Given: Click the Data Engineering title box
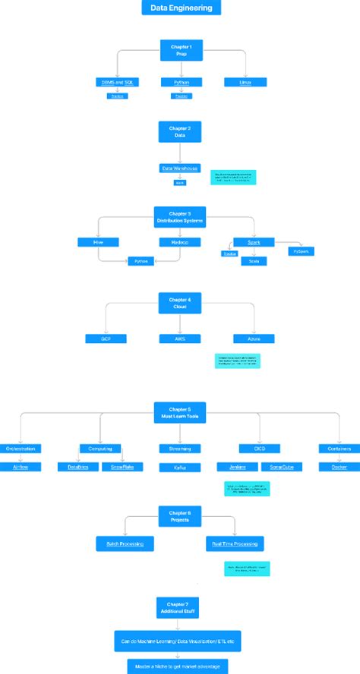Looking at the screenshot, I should (x=181, y=8).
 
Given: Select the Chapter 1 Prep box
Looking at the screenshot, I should (x=180, y=51).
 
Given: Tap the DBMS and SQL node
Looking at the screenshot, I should (x=116, y=82).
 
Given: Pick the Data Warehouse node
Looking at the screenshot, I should (x=180, y=168).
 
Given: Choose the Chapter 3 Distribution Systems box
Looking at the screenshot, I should (x=180, y=217).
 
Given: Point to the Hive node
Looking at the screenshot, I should (x=98, y=242).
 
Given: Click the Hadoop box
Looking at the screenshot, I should (x=180, y=242).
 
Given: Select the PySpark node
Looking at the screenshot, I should (x=301, y=250).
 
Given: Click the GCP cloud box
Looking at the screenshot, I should (x=106, y=339).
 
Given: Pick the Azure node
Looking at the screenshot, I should (x=254, y=339).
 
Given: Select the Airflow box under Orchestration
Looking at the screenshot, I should (x=20, y=468).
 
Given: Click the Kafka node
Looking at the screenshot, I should (x=180, y=468).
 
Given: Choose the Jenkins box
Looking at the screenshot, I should (x=232, y=468).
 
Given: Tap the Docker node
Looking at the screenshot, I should (x=339, y=468).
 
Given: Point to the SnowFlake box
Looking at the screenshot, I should (x=118, y=468).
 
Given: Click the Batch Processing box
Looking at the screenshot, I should (x=125, y=543).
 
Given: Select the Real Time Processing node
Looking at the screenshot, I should (x=235, y=543).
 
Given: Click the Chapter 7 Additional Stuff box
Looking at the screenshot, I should (x=180, y=606).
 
